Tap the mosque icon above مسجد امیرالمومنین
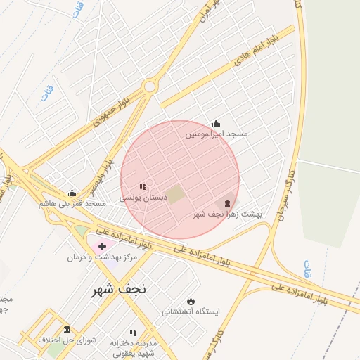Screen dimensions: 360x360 (216, 123)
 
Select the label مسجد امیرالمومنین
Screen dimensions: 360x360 (217, 134)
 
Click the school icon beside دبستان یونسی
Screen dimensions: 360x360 (143, 187)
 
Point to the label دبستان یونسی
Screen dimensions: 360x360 (143, 198)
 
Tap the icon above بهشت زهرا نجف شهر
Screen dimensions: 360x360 (226, 203)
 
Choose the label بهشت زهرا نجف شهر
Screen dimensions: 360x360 (227, 214)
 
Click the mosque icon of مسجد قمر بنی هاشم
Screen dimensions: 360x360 (72, 193)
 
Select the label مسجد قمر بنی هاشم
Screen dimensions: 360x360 (72, 203)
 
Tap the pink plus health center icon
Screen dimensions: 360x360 (103, 246)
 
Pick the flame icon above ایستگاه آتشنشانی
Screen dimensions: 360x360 (191, 301)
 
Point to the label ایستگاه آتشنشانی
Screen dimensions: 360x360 (191, 311)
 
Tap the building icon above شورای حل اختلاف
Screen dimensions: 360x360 (67, 329)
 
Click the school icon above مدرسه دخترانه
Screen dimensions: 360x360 (132, 333)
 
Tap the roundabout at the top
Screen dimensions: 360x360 (149, 86)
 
